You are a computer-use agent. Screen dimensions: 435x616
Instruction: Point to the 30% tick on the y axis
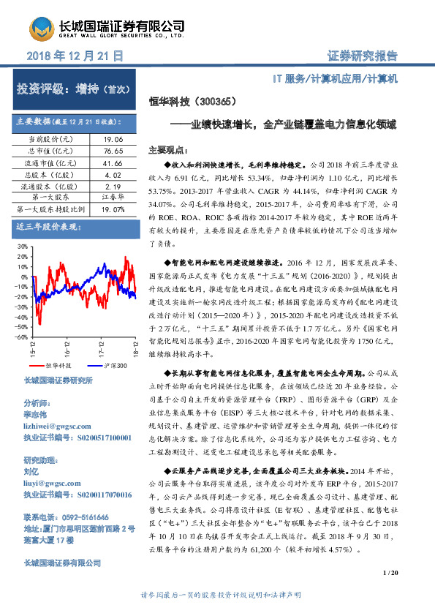[x=20, y=248]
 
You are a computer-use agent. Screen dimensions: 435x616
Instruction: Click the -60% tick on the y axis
[x=20, y=337]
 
